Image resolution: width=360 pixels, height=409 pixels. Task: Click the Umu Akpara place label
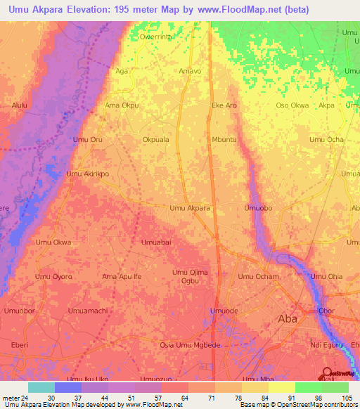(x=190, y=209)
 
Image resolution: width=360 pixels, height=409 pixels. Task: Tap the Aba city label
(x=288, y=318)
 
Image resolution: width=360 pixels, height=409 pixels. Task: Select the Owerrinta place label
(x=156, y=37)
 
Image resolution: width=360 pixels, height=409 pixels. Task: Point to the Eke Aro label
(x=224, y=105)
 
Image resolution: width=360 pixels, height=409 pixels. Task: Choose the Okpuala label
(x=156, y=140)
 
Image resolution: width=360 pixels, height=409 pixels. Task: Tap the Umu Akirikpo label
(x=88, y=174)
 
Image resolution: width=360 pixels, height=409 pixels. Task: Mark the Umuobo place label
(x=257, y=209)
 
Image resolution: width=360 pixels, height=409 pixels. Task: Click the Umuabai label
(x=156, y=242)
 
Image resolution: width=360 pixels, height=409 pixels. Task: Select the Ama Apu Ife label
(x=122, y=277)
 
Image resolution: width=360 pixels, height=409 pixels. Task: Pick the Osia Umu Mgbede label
(x=191, y=345)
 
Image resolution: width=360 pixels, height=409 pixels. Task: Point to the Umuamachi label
(x=88, y=311)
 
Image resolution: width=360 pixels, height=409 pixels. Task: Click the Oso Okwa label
(x=292, y=105)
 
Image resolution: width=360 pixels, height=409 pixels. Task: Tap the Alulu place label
(x=20, y=105)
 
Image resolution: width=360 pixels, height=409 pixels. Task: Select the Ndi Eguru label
(x=326, y=345)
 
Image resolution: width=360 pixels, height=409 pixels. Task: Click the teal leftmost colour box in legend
(x=41, y=387)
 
